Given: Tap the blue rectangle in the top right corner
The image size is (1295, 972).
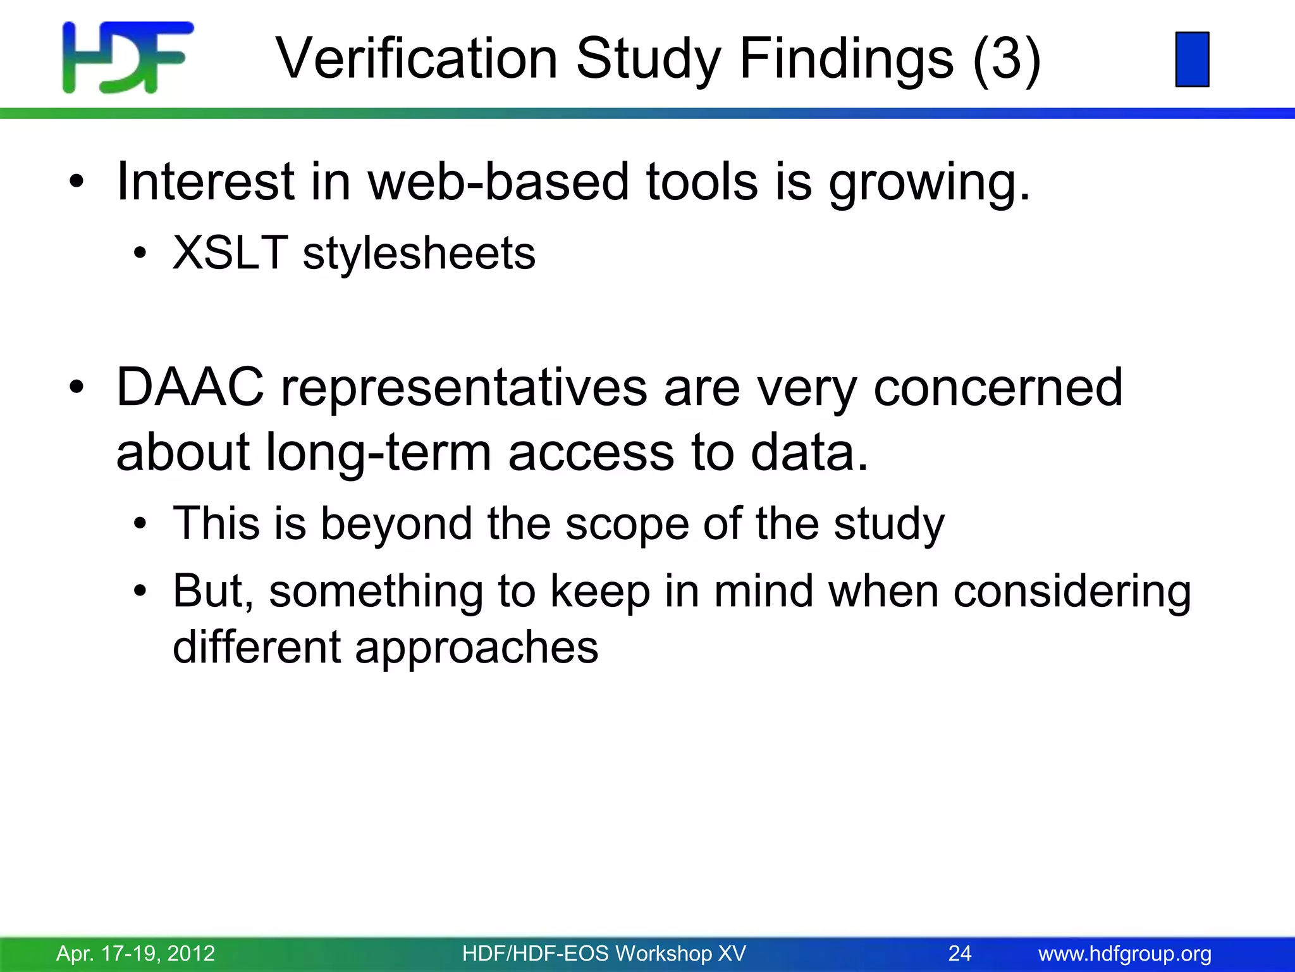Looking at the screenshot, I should point(1192,59).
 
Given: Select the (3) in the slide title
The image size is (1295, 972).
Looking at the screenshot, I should point(1006,58).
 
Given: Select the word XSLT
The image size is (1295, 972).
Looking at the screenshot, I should point(230,253).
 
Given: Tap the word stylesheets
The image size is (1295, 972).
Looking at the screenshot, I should point(419,253).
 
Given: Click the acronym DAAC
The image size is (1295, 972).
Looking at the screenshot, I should point(190,387).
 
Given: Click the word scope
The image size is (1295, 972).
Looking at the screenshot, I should point(626,525).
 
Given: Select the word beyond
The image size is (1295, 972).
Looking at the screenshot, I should point(396,525).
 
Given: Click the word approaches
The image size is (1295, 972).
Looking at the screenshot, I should point(476,648).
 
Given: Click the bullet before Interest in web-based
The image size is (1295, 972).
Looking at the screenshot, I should point(77,182).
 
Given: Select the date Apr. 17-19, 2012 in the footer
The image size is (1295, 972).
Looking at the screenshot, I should point(135,953).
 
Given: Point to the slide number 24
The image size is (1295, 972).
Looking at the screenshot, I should point(959,953).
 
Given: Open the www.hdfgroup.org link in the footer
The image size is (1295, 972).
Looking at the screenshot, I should point(1124,953).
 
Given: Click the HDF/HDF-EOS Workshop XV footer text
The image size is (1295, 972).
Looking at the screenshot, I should point(604,953).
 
